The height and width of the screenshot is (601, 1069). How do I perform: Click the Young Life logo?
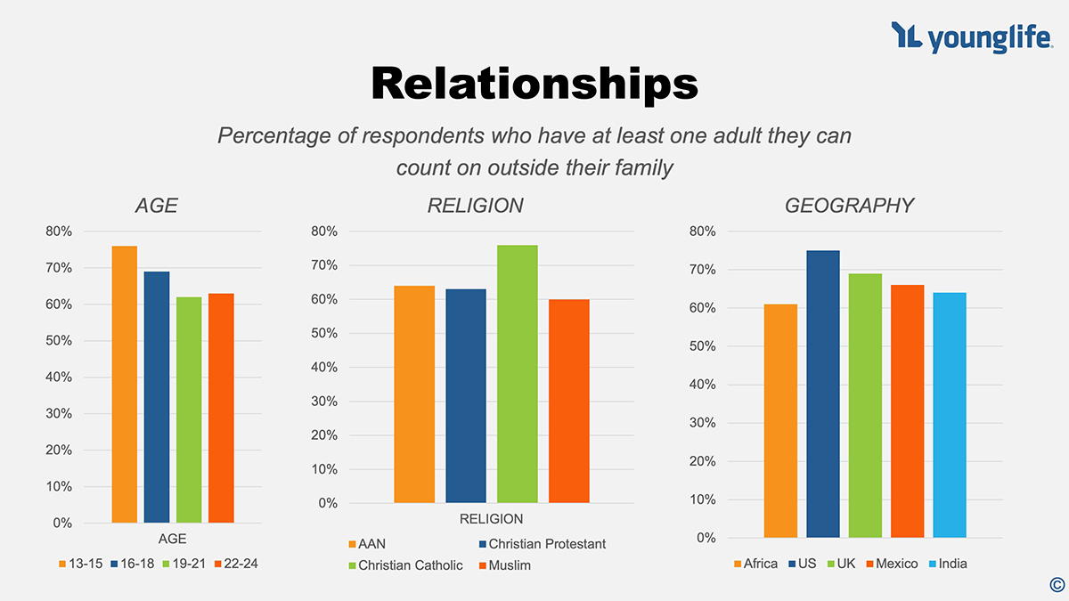970,37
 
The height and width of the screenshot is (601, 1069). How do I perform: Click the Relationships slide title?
534,84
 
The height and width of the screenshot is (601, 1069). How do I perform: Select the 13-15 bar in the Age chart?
125,384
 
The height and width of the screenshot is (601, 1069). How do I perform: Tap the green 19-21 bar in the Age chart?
189,410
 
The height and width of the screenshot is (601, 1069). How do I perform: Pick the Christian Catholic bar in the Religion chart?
518,374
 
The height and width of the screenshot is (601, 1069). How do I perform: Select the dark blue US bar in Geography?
823,394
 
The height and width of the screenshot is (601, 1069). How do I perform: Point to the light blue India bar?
950,415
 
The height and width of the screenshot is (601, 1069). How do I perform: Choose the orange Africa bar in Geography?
780,420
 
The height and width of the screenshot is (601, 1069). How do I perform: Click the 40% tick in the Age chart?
59,377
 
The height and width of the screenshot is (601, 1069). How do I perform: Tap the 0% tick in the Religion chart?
329,503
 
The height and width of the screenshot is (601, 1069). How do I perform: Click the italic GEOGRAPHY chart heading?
849,206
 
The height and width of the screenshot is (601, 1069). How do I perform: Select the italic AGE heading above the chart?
157,206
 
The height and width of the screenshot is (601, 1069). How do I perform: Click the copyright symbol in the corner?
1057,585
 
